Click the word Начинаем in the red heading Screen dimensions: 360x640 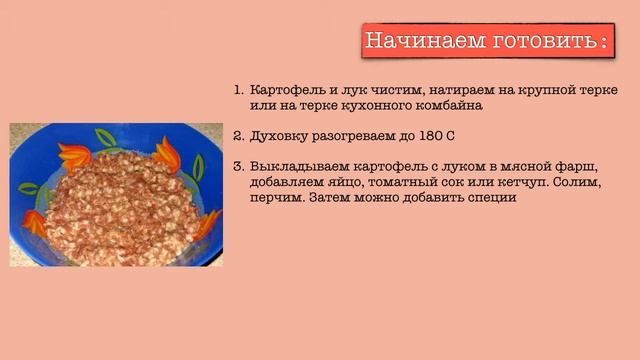(x=408, y=41)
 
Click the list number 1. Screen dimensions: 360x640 (x=239, y=88)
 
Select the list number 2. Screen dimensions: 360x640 (x=239, y=134)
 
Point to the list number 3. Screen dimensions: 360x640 (x=239, y=166)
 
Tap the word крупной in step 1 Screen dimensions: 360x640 (x=531, y=88)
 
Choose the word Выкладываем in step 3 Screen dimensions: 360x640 (x=296, y=166)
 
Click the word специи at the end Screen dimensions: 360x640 (x=487, y=198)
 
